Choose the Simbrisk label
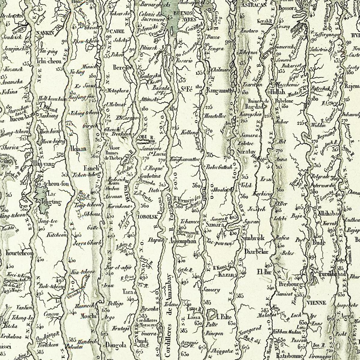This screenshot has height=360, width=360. tap(252, 238)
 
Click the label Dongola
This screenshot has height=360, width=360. tap(115, 345)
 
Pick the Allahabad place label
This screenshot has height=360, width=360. tap(329, 214)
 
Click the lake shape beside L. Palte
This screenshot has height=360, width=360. tap(211, 315)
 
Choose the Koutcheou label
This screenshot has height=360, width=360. tap(19, 253)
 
